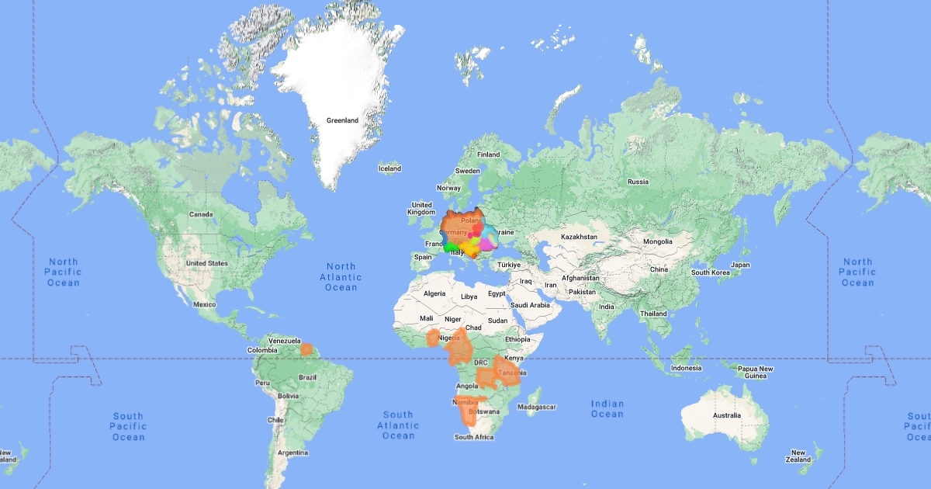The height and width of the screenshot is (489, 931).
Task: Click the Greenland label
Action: tap(342, 120)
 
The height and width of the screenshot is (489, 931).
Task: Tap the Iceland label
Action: tap(389, 168)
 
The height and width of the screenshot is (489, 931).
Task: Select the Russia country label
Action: tap(638, 182)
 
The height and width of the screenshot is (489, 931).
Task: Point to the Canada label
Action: tap(201, 214)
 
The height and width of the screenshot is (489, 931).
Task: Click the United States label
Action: tap(207, 263)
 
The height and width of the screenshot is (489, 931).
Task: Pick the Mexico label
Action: tap(205, 304)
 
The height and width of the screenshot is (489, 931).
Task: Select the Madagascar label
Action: tap(536, 407)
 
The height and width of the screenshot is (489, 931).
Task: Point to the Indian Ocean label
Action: tap(607, 408)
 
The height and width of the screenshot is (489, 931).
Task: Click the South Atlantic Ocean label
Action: tap(398, 425)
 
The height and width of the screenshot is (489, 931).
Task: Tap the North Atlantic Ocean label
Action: tap(341, 277)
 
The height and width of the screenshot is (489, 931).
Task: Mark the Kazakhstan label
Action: tap(580, 236)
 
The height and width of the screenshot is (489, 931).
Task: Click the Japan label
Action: tap(740, 265)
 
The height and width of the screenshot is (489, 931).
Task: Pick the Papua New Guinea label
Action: tap(755, 373)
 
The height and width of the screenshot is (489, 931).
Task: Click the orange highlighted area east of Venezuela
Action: tap(307, 349)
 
